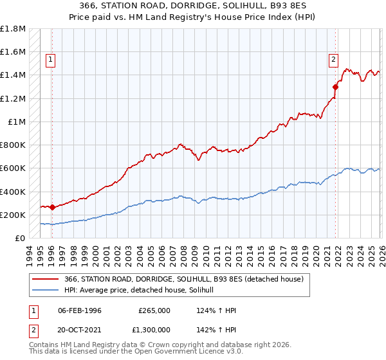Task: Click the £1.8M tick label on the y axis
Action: coord(13,29)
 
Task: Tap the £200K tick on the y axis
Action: coord(13,215)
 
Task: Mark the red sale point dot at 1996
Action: coord(52,208)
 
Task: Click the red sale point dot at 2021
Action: coord(335,87)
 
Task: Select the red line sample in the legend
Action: coord(46,278)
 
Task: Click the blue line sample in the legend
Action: coord(46,290)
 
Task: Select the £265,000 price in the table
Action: coord(154,310)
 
